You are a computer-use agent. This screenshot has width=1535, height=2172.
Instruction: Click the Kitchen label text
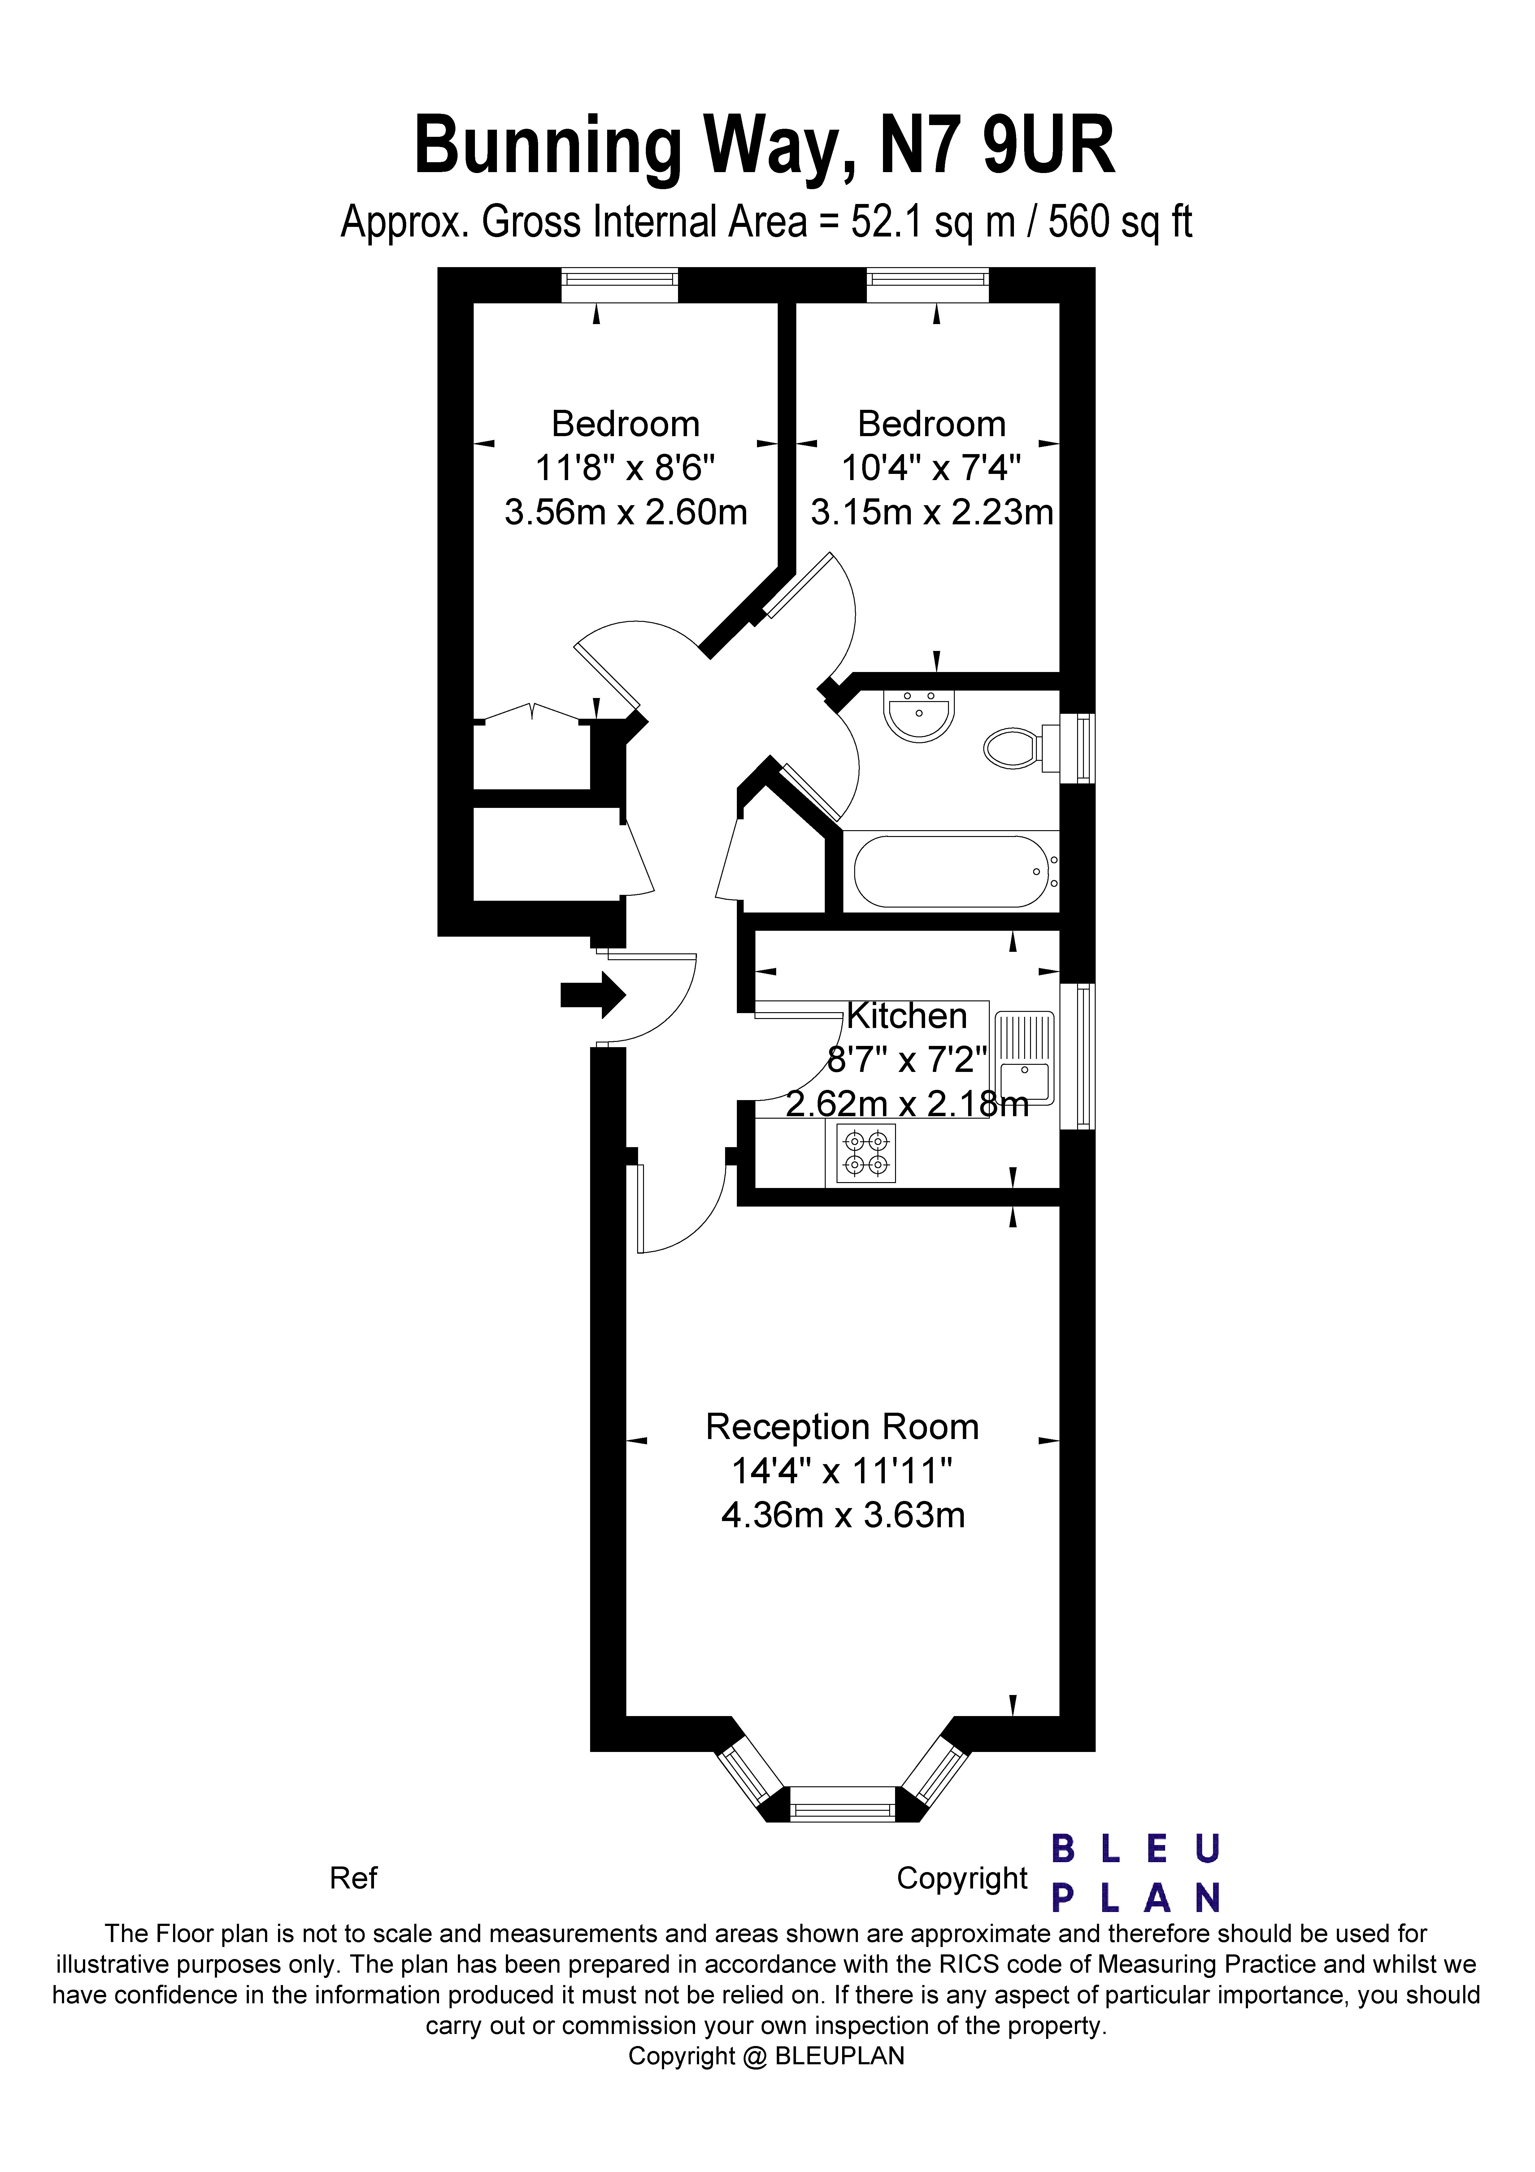tap(907, 1016)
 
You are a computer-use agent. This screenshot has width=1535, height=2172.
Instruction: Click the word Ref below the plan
tap(353, 1878)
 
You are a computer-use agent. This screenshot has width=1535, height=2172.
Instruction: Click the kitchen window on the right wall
tap(1077, 1057)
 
